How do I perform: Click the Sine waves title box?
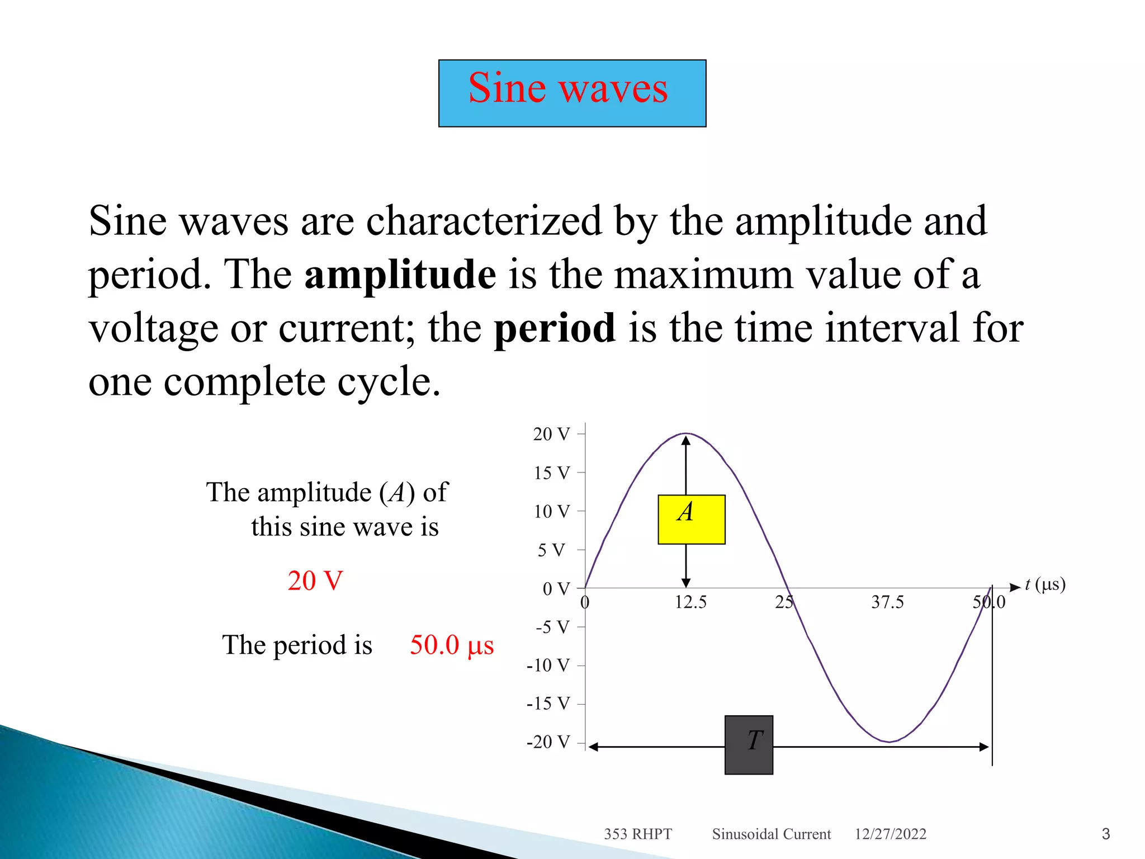coord(572,93)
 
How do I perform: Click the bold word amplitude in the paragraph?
coord(400,275)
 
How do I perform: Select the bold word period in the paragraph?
coord(555,328)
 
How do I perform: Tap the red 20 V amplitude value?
coord(315,580)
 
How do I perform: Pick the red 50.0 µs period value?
coord(452,645)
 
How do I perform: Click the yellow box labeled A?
coord(691,519)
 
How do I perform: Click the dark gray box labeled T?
coord(749,744)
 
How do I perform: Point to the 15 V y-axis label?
coord(551,473)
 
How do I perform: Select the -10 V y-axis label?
coord(548,666)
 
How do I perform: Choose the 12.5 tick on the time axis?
coord(690,602)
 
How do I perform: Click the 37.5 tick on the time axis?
coord(887,602)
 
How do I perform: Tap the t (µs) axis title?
coord(1045,584)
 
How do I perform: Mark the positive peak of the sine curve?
coord(687,433)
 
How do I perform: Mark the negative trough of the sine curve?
coord(889,742)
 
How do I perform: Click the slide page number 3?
coord(1105,834)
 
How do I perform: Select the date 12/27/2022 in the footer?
coord(890,834)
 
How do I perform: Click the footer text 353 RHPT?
coord(637,834)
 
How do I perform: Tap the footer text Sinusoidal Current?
coord(771,834)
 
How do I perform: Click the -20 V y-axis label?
coord(548,742)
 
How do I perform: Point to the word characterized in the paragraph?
coord(484,221)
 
